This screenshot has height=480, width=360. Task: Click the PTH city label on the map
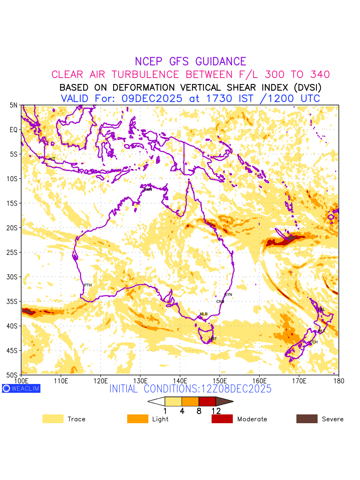point(88,285)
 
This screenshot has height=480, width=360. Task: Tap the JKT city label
point(52,159)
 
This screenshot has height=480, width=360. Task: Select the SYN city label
point(228,295)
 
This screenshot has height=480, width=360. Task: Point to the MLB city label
point(204,314)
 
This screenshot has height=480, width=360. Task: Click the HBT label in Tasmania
point(213,339)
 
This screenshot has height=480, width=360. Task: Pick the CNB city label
point(220,302)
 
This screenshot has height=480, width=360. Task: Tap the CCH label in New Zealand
point(314,342)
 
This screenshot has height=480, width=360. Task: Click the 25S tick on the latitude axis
point(14,252)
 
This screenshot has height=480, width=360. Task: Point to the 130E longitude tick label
point(140,380)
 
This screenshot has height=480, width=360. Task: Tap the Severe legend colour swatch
point(307,419)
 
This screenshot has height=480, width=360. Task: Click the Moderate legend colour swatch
point(222,419)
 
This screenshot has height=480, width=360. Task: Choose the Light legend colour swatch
point(138,419)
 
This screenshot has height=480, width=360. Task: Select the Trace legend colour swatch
point(53,419)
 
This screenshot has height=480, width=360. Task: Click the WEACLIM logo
point(21,388)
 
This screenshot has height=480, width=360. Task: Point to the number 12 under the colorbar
point(216,411)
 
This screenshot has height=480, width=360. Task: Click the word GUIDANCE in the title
point(221,62)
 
